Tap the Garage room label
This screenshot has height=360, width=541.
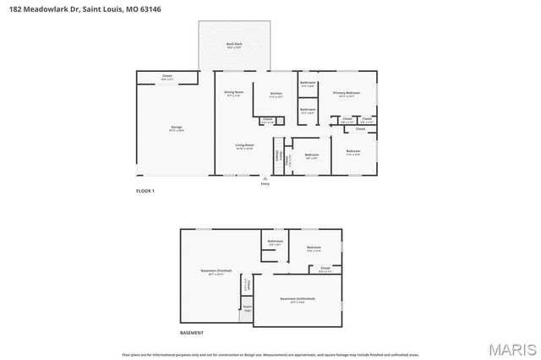click(177, 128)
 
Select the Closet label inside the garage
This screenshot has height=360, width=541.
click(167, 77)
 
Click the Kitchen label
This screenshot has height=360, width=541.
click(276, 94)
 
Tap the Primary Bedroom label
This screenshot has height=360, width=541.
click(346, 93)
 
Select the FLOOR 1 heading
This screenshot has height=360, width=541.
click(145, 192)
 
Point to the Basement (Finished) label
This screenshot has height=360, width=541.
click(216, 271)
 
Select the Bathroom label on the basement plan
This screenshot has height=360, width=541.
click(275, 242)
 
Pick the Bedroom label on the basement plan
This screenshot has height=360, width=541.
click(314, 248)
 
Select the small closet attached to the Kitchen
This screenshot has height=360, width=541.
click(267, 120)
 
